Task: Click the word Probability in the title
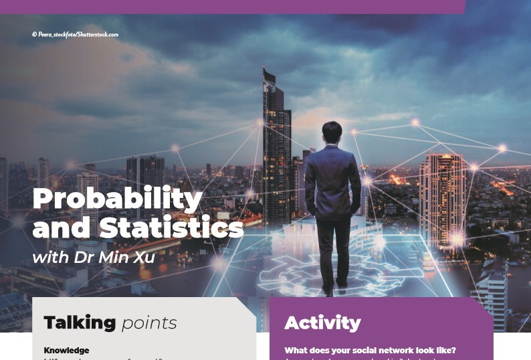[117, 199]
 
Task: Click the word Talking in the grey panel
[80, 323]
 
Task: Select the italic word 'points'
[149, 323]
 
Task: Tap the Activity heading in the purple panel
[322, 323]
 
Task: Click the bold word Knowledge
[66, 351]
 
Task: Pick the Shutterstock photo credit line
[75, 34]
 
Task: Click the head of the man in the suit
[332, 131]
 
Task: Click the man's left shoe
[328, 290]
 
